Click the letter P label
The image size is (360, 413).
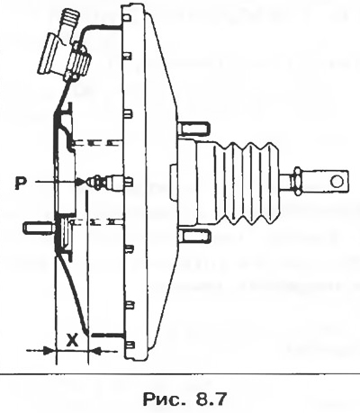(20, 183)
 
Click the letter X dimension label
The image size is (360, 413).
(72, 339)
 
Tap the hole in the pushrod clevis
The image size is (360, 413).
(337, 181)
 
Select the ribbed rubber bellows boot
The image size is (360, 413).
(237, 183)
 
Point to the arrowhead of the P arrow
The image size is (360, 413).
(79, 182)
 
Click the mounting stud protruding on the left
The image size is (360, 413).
(39, 228)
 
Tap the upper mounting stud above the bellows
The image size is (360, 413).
(193, 128)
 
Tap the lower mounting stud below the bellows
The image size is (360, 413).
(194, 236)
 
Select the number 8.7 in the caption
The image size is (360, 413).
(211, 400)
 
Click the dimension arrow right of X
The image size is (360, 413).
(103, 350)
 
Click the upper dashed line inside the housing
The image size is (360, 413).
(97, 142)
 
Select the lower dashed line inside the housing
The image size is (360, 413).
(97, 222)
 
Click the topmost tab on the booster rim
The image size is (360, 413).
(127, 17)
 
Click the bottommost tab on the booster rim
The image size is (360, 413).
(130, 345)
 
